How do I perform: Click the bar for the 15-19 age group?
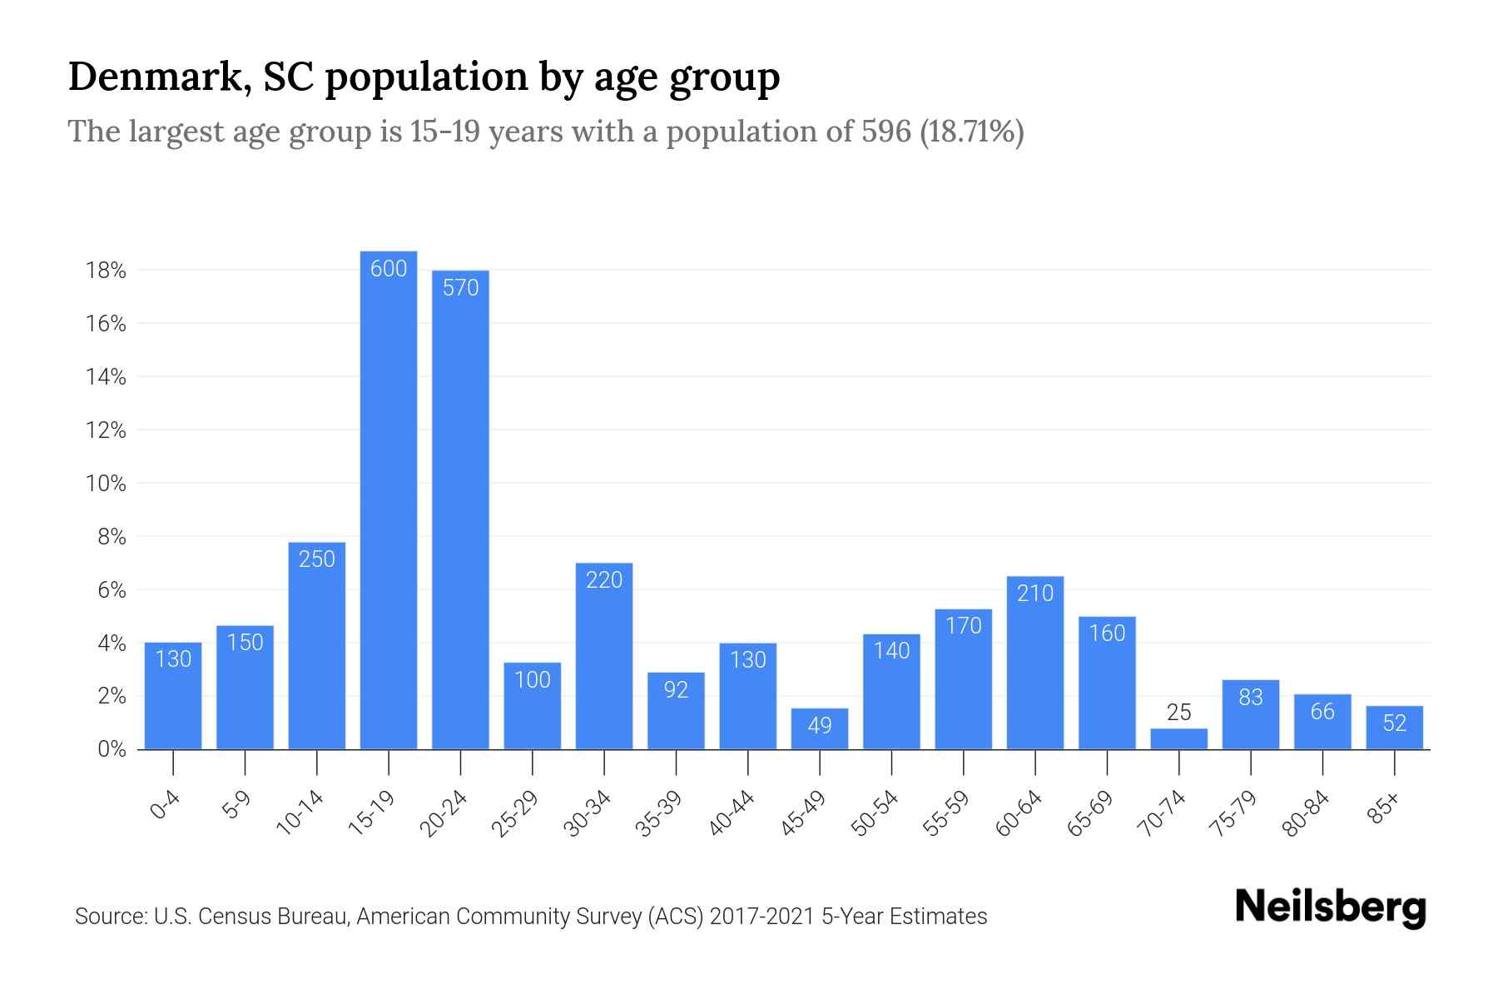389,499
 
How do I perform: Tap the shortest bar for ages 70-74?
1178,739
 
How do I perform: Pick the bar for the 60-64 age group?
1034,663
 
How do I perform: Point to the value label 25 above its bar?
1178,713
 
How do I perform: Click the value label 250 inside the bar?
317,559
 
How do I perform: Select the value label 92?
676,689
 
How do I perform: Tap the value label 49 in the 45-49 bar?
820,725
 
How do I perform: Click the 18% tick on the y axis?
105,271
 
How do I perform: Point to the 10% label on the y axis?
105,484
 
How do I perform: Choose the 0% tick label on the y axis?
112,749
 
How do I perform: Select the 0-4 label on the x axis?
166,806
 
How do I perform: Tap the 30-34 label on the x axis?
588,813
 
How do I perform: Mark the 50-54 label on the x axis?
875,813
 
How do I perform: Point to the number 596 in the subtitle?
886,132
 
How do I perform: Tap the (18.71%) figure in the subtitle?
972,132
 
